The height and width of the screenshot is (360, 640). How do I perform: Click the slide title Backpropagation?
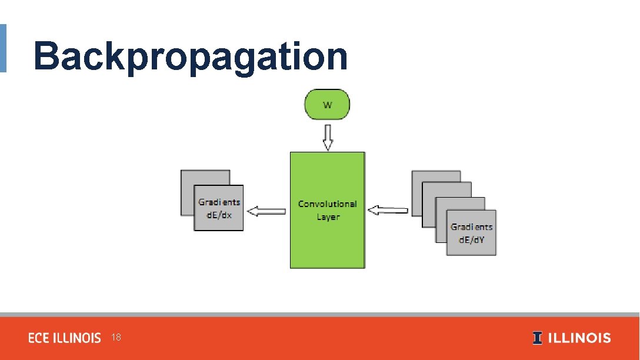(x=190, y=56)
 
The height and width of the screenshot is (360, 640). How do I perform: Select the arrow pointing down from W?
(x=328, y=137)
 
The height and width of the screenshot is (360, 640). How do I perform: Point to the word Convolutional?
(x=327, y=204)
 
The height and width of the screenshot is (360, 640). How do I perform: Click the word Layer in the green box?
(x=328, y=217)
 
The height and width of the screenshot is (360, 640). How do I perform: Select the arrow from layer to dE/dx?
(x=266, y=211)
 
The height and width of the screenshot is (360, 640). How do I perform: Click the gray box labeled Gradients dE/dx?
(x=218, y=221)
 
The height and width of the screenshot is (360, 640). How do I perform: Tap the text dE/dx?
(x=219, y=215)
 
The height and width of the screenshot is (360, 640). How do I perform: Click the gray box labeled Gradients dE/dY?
(x=471, y=241)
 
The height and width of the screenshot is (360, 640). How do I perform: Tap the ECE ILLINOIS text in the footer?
(x=65, y=338)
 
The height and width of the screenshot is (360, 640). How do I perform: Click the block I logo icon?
(x=538, y=338)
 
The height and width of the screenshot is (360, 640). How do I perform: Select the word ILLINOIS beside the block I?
(x=579, y=338)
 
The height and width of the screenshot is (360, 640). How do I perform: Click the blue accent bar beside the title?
(x=3, y=48)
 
